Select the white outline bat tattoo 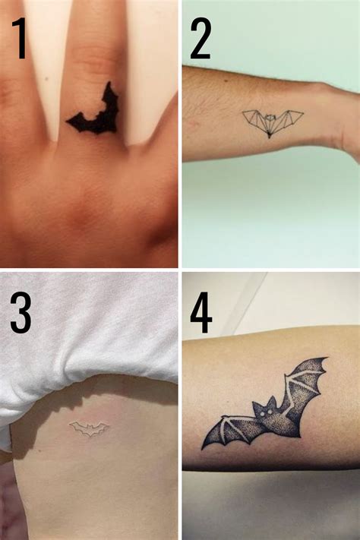[90, 430]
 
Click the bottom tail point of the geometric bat [271, 137]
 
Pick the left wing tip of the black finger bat [71, 119]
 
